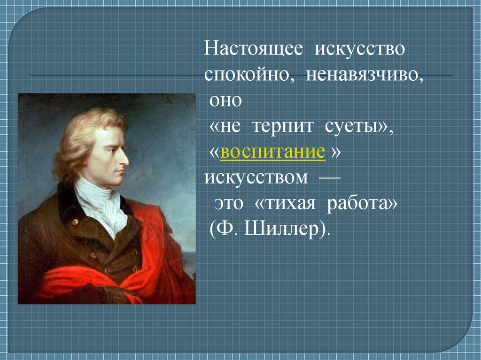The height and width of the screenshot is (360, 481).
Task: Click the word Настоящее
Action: tap(253, 49)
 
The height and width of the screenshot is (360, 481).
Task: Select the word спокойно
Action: tap(247, 75)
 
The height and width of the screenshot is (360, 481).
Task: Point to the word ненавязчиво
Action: tap(365, 75)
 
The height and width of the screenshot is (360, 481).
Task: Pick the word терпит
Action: tap(283, 126)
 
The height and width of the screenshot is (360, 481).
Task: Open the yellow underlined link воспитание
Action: tap(272, 152)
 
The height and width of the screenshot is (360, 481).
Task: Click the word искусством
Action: tap(256, 177)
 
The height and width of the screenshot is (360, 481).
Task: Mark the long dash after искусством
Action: tap(330, 177)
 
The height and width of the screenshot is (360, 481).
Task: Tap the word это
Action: tap(229, 203)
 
